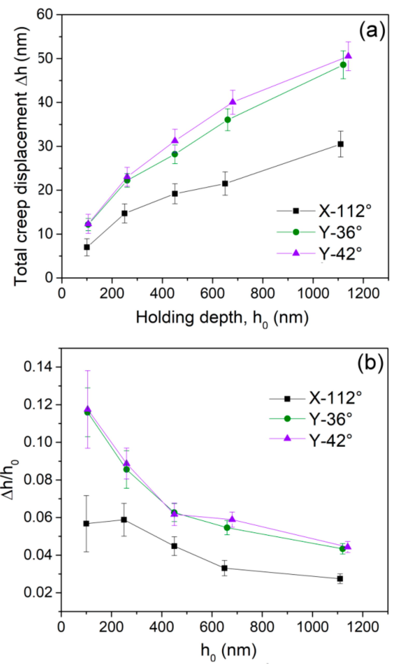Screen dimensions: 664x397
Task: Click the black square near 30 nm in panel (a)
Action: tap(341, 144)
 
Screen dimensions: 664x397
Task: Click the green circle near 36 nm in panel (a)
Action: tap(228, 120)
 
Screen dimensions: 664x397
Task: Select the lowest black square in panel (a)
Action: tap(87, 247)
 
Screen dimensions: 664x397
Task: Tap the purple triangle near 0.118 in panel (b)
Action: tap(88, 409)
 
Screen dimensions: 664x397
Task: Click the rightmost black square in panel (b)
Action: tap(340, 579)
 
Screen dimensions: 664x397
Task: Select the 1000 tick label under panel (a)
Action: tap(313, 293)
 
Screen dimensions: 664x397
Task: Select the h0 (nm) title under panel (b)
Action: tap(229, 651)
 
